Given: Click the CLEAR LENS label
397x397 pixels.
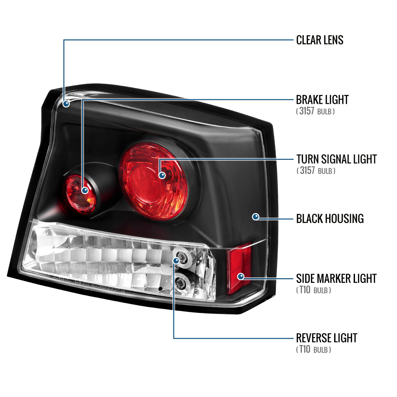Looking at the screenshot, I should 320,40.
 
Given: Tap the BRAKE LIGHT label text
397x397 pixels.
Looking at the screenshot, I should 322,100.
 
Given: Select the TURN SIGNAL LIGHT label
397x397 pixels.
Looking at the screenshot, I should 336,159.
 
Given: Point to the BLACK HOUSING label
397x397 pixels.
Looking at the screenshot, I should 330,219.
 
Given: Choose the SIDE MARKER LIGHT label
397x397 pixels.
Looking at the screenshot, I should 336,278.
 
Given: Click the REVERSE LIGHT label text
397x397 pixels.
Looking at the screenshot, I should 326,338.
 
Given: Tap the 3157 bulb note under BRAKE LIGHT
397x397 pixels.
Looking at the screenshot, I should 315,111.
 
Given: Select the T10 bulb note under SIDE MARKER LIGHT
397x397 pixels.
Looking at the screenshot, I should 314,290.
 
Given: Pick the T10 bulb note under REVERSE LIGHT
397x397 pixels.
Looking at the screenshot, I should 314,350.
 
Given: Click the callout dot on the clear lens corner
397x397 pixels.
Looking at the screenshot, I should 66,104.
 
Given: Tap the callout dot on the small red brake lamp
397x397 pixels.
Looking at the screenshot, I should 85,190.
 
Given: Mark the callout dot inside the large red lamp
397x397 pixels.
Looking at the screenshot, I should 162,175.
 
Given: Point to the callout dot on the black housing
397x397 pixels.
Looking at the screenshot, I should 255,217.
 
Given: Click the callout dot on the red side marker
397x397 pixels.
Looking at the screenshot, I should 241,276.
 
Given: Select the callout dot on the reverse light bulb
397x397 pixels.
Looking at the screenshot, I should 176,261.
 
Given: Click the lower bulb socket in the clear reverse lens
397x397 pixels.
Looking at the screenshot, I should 181,283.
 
